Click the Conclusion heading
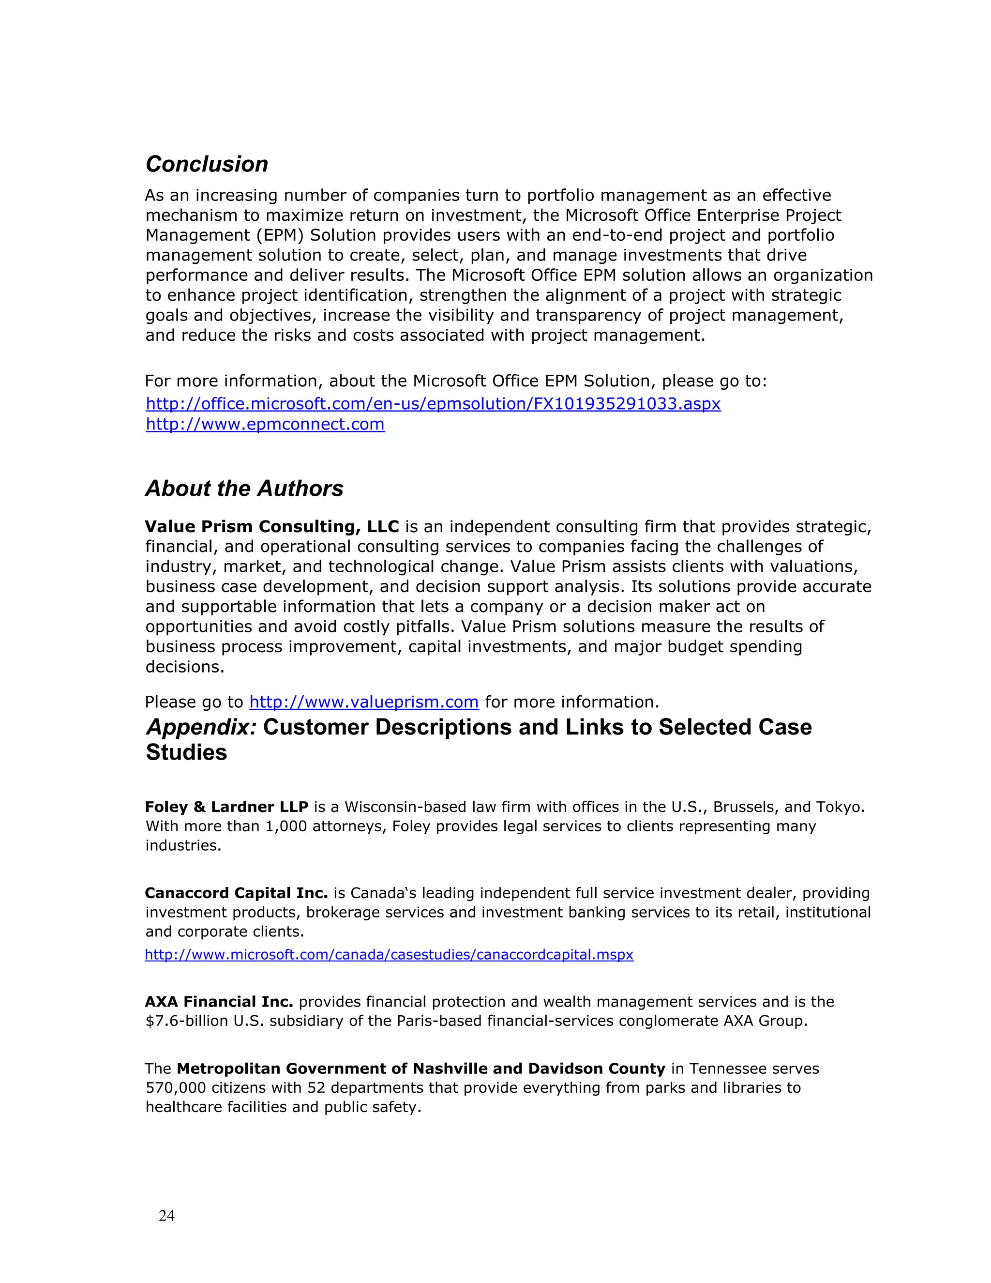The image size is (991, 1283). point(207,165)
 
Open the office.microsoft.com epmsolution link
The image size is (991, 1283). point(433,404)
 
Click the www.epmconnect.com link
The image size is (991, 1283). point(265,424)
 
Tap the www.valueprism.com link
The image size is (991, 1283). point(364,702)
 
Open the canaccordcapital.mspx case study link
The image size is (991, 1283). point(389,955)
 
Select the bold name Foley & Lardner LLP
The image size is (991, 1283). point(226,807)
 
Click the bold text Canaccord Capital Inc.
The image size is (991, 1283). point(236,893)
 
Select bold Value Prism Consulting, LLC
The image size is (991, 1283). point(272,526)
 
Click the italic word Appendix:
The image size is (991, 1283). point(201,727)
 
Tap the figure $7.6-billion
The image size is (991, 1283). point(187,1021)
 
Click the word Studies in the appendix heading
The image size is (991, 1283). point(186,752)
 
